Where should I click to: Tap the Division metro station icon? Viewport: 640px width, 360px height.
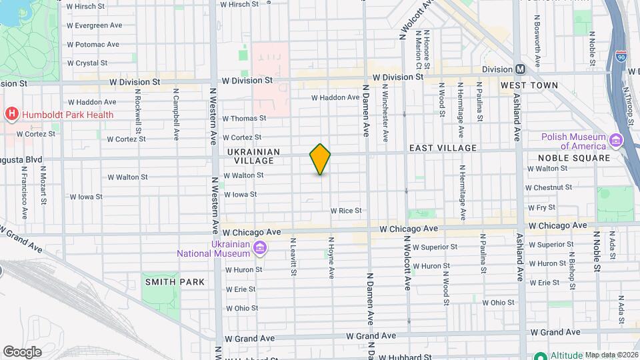(521, 69)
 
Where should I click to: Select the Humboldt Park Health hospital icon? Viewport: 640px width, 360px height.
(11, 115)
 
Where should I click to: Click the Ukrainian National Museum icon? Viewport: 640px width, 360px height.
(260, 249)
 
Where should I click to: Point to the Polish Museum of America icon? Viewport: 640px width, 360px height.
(615, 141)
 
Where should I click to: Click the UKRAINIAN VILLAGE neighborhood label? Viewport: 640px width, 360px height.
(251, 156)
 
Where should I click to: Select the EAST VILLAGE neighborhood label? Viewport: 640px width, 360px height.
(443, 147)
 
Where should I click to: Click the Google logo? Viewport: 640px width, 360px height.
(22, 351)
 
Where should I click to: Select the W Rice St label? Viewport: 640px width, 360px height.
(346, 211)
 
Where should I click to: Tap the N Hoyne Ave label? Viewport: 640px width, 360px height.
(331, 255)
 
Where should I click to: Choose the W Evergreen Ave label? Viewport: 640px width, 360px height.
(94, 25)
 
